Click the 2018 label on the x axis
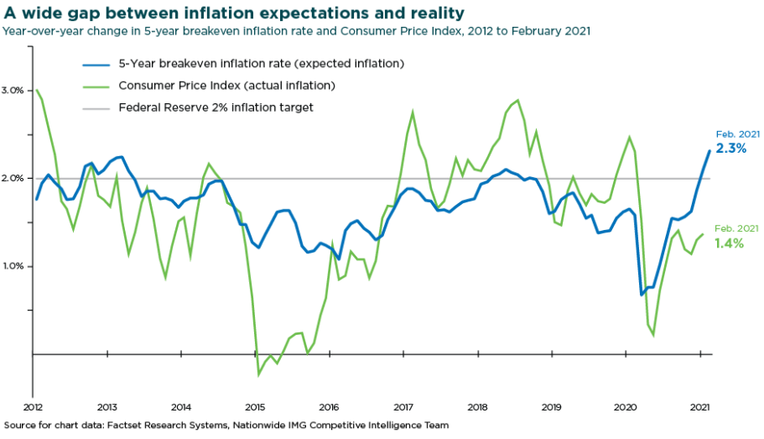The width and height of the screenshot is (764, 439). (x=477, y=406)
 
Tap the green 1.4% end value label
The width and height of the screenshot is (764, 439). (x=730, y=243)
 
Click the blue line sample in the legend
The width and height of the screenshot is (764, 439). (x=96, y=64)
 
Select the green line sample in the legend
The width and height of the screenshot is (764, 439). (x=96, y=86)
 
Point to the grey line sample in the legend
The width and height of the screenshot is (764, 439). (x=96, y=107)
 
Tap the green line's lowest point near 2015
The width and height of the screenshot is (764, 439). (x=258, y=374)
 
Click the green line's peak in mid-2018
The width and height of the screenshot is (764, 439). (x=517, y=101)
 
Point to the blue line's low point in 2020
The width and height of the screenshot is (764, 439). (x=642, y=295)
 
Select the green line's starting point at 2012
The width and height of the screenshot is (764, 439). (x=37, y=90)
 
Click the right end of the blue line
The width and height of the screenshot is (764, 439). (x=709, y=151)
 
